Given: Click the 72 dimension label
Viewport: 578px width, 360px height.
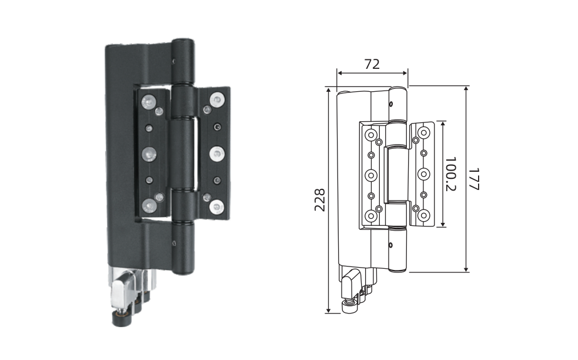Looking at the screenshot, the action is click(x=372, y=64).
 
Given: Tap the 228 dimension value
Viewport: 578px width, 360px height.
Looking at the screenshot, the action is click(x=320, y=200).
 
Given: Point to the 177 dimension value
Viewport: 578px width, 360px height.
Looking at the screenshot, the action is click(x=474, y=179).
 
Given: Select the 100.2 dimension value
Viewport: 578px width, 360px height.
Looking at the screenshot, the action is click(x=450, y=174).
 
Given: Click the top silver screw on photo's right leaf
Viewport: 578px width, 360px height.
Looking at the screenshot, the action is click(x=217, y=100).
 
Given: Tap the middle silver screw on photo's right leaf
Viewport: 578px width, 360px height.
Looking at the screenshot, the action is click(x=217, y=154).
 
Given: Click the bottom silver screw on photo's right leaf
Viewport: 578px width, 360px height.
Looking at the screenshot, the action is click(x=216, y=207).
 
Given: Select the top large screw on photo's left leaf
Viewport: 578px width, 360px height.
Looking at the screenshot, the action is click(x=149, y=102).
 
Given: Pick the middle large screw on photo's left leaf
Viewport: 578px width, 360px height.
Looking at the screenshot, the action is click(x=149, y=154).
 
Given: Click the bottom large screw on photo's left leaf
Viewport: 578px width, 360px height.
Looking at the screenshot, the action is click(x=149, y=206).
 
